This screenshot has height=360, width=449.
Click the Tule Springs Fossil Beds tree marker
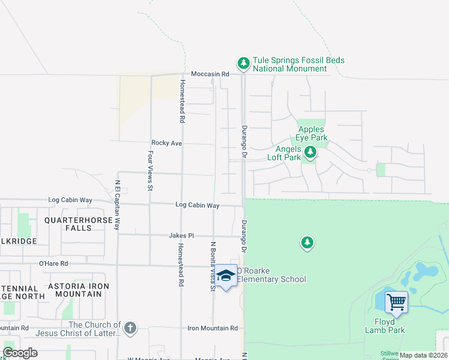tap(243, 62)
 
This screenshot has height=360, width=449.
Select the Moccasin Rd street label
tap(210, 74)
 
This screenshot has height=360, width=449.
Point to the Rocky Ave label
tap(166, 143)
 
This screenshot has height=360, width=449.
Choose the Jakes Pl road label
tap(181, 236)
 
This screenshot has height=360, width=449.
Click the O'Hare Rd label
tap(53, 263)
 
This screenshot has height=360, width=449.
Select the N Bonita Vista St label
tap(212, 266)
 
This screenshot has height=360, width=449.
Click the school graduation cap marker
tap(226, 276)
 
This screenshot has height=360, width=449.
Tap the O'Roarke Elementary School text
tap(271, 275)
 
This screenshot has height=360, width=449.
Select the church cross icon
tap(130, 328)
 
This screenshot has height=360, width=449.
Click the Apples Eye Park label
tap(311, 133)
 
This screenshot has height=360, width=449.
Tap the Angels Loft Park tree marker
tap(310, 152)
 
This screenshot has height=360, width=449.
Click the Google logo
tap(20, 353)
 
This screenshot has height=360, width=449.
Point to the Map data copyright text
tap(423, 355)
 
